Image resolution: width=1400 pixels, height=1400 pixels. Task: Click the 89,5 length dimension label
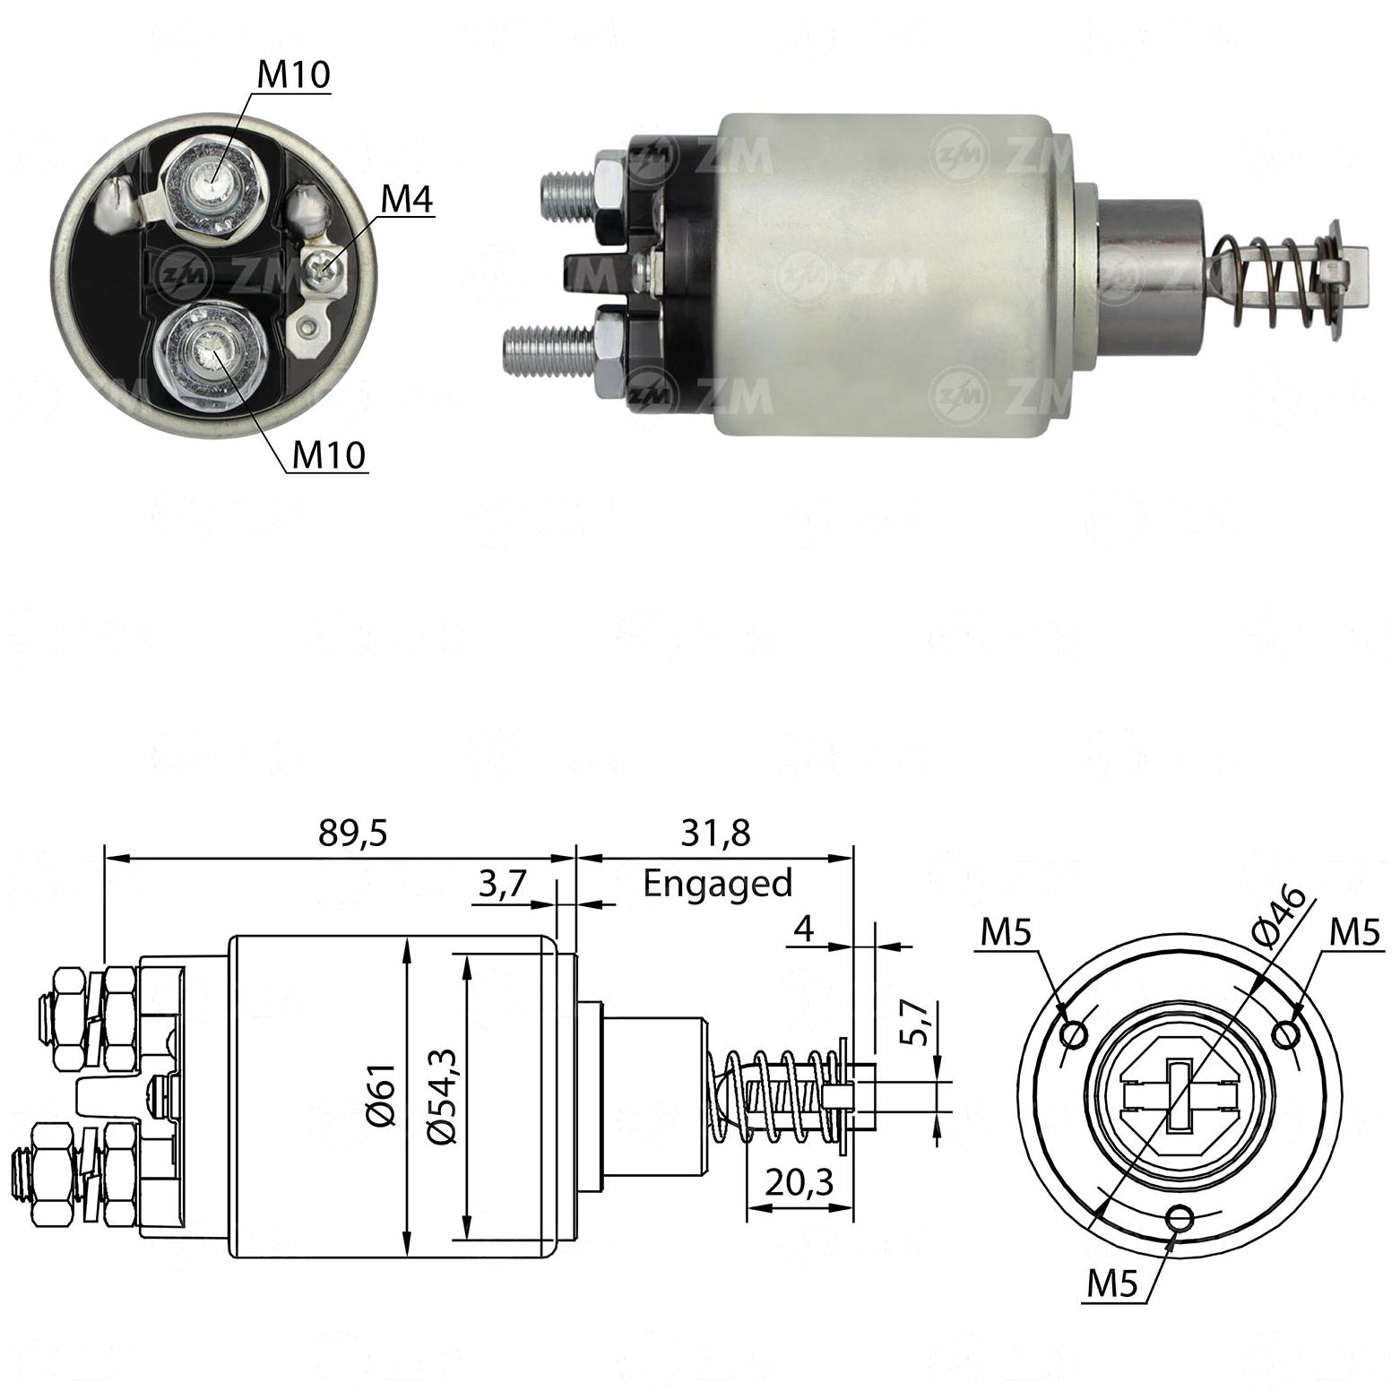[x=353, y=834]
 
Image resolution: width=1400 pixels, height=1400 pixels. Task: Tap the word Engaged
[x=718, y=884]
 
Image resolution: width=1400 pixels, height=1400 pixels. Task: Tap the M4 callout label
[x=407, y=201]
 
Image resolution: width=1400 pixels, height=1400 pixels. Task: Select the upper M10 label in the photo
[x=293, y=75]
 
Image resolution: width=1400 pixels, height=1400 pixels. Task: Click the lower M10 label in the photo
[x=330, y=455]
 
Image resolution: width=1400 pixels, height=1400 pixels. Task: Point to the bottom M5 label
[x=1112, y=1284]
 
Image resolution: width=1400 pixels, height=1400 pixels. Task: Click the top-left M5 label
[x=1006, y=933]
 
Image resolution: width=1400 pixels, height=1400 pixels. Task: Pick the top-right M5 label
[x=1354, y=933]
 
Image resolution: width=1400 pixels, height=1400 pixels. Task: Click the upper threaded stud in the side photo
[x=570, y=190]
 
